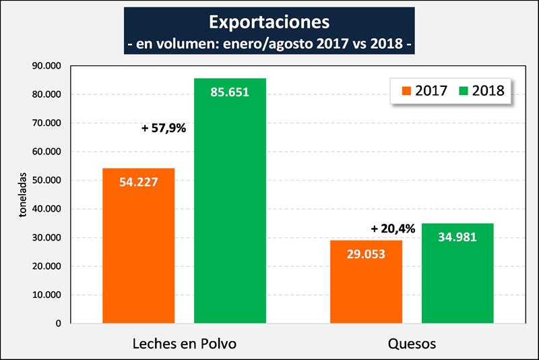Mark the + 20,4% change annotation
393,229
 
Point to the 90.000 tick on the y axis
47,66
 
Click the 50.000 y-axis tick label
47,180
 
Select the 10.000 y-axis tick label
47,295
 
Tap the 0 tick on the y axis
59,324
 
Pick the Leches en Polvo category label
184,344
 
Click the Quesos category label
412,344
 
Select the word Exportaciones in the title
269,22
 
